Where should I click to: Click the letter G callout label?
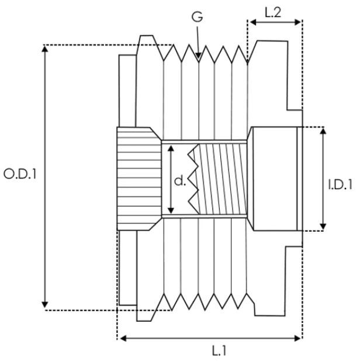[198, 17]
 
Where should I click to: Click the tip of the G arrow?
[199, 58]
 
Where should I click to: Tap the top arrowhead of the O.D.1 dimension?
[45, 47]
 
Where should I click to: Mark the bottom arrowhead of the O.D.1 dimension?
[45, 306]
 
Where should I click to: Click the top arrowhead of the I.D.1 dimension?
[323, 129]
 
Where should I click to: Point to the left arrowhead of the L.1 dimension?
[120, 338]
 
